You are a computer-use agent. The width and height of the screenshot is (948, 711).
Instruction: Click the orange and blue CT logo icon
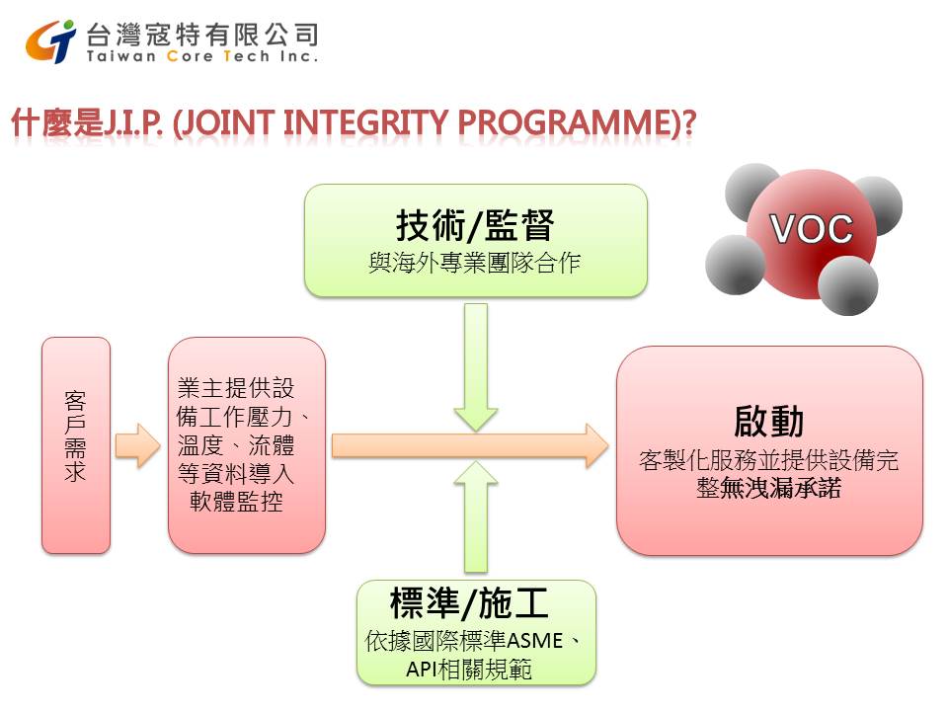(x=50, y=41)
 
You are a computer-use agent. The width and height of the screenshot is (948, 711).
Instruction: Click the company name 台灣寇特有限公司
(x=202, y=36)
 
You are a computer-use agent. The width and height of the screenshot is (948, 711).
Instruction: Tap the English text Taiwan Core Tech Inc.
(x=201, y=56)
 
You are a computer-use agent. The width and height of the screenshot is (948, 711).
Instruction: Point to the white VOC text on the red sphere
(x=811, y=229)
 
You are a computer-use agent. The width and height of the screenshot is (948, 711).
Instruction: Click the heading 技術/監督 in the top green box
(x=475, y=225)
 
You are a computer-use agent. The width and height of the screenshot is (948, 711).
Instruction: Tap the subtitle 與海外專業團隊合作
(x=475, y=263)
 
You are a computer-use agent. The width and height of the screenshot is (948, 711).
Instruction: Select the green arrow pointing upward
(x=476, y=516)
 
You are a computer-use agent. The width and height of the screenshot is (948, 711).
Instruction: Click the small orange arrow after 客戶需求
(x=138, y=445)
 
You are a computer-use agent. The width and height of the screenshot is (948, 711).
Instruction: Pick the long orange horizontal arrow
(x=470, y=445)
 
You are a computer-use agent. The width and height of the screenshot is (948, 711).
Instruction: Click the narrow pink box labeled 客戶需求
(x=76, y=445)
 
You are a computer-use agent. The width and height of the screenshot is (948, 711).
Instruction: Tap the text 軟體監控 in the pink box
(x=236, y=502)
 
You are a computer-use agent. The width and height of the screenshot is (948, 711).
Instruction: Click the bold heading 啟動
(x=768, y=422)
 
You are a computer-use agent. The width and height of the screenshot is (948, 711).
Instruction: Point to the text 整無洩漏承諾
(x=769, y=488)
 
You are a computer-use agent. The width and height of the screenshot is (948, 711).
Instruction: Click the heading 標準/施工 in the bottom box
(x=469, y=602)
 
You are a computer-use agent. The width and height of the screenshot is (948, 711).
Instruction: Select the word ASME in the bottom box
(x=534, y=640)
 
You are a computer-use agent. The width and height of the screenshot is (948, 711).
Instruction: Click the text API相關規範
(x=469, y=670)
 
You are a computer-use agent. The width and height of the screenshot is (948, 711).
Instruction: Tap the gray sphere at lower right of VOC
(x=847, y=285)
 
